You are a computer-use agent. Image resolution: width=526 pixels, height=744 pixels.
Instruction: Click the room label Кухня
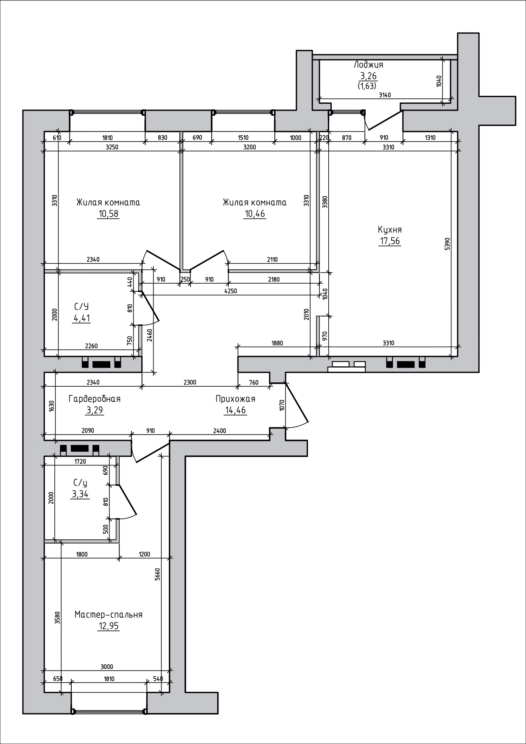click(x=390, y=230)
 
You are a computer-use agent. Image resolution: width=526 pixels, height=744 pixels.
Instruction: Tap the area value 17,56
click(x=390, y=241)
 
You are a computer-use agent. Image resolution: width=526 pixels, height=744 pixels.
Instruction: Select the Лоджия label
click(x=368, y=65)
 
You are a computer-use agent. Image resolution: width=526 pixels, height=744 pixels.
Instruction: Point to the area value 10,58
click(x=108, y=214)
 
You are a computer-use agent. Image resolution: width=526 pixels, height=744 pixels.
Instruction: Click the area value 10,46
click(x=255, y=214)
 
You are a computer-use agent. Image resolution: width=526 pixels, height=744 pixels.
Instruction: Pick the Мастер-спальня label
click(x=109, y=615)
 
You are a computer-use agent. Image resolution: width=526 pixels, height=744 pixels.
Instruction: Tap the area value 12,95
click(x=109, y=626)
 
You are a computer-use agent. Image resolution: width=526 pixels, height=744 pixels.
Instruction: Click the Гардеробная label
click(x=95, y=399)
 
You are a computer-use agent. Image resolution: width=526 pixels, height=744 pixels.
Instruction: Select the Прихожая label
click(x=235, y=399)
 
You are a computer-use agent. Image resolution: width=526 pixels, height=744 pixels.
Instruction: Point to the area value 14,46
click(x=235, y=410)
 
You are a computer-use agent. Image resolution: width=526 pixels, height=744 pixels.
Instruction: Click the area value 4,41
click(x=81, y=318)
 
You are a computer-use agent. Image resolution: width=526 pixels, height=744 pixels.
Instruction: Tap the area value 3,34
click(x=81, y=494)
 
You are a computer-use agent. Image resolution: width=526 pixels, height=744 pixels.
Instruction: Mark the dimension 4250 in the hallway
click(x=231, y=291)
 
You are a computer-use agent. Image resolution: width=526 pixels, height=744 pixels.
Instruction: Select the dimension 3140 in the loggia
click(x=384, y=95)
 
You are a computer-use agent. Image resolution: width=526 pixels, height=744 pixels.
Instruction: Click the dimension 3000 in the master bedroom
click(x=107, y=667)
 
